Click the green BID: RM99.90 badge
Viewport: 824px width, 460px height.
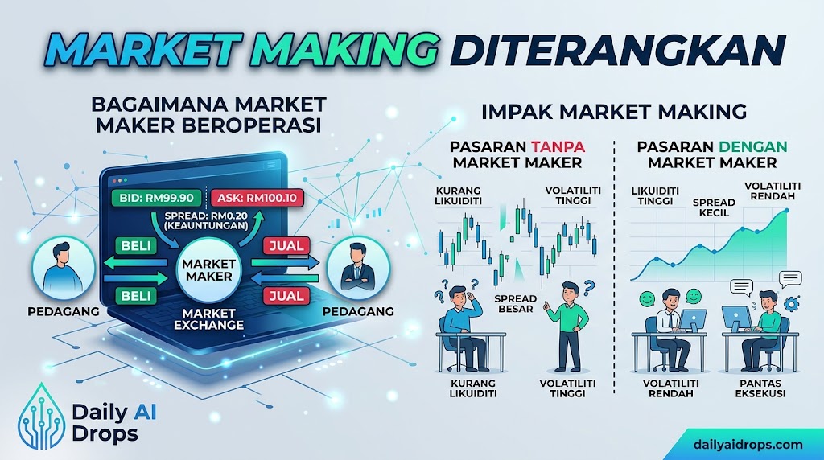coord(156,198)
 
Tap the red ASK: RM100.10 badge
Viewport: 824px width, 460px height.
coord(257,198)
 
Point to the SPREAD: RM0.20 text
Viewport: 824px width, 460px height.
coord(206,216)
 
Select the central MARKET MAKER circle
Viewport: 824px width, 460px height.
coord(208,270)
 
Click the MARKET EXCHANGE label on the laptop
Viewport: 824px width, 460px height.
coord(208,318)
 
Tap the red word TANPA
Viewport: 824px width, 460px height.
coord(558,146)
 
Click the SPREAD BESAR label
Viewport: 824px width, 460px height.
coord(515,303)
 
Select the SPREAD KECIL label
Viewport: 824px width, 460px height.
coord(714,207)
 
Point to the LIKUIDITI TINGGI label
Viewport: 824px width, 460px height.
coord(655,196)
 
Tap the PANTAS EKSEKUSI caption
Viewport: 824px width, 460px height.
coord(760,388)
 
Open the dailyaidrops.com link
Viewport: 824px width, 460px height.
coord(748,444)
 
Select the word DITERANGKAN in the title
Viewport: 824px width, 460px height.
coord(618,50)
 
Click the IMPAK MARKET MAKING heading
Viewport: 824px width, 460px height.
coord(614,111)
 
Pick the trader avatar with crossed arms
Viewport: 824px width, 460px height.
coord(358,268)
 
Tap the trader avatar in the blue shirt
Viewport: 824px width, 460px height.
coord(64,268)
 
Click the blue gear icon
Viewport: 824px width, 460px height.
coord(791,303)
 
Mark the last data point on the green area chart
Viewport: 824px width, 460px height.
coord(787,211)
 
